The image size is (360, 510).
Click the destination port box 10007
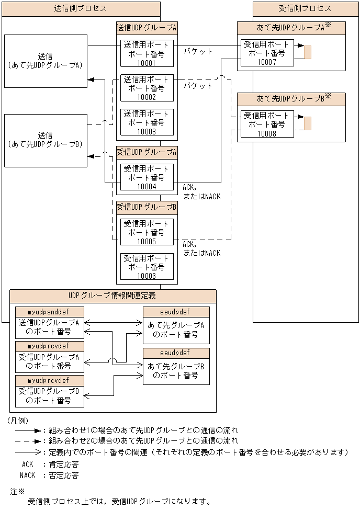[267, 52]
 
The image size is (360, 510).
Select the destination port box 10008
[267, 124]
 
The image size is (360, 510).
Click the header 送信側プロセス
[81, 9]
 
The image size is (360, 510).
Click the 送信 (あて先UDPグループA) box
[46, 61]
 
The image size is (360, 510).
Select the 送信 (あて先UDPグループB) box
[46, 140]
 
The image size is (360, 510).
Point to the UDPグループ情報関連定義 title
[113, 296]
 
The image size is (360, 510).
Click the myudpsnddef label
[49, 312]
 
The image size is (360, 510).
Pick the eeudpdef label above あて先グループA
[176, 312]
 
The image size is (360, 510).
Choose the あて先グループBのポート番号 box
[176, 371]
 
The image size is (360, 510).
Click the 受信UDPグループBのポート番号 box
[49, 396]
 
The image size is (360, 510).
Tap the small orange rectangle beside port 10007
[308, 52]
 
